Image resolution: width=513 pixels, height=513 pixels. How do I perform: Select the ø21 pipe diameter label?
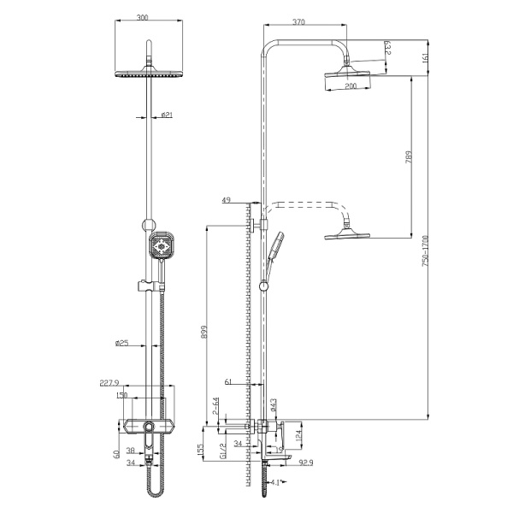click(x=168, y=115)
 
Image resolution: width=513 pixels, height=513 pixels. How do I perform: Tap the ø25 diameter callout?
click(x=122, y=345)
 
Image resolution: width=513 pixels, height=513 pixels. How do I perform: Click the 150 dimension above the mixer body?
click(x=123, y=395)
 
